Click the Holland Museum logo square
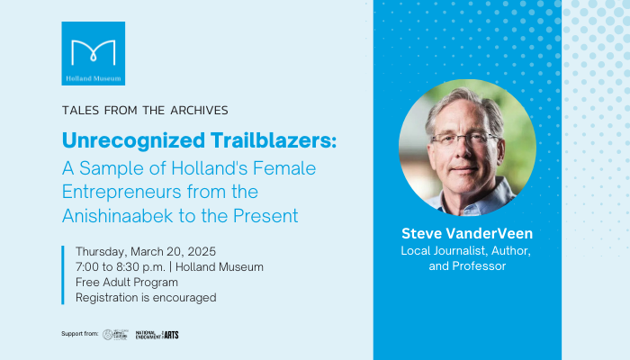93,53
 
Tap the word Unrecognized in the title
118,141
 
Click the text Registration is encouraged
146,297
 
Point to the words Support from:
80,335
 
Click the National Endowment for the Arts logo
157,335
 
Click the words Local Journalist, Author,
467,250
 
